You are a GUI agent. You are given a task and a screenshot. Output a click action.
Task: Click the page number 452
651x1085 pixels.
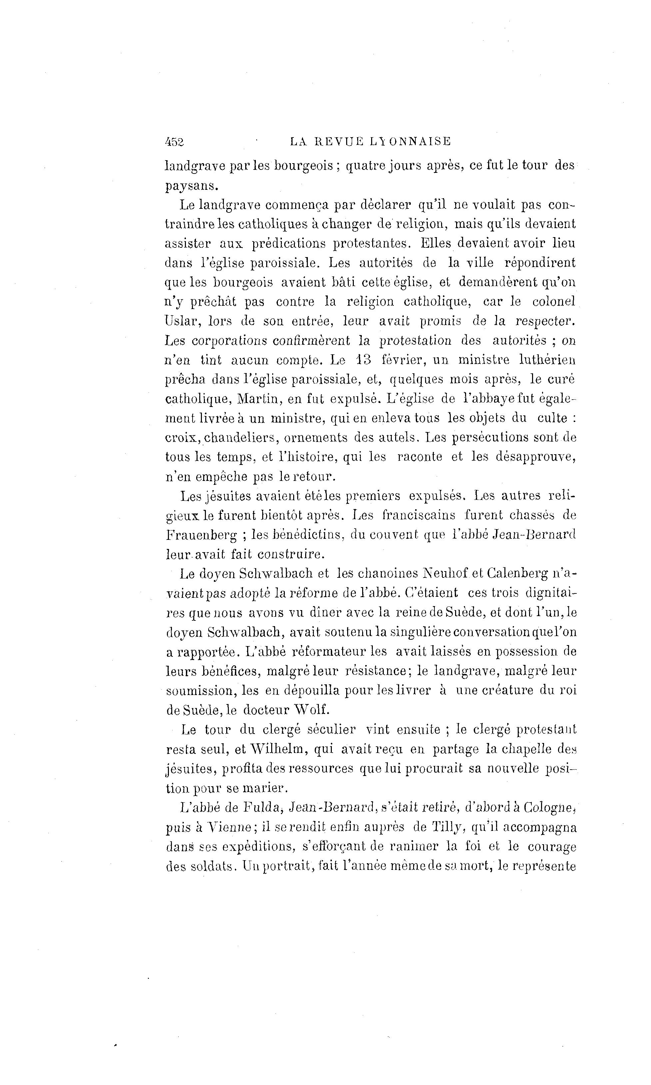174,142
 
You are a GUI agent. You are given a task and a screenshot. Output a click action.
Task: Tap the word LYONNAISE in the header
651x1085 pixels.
410,141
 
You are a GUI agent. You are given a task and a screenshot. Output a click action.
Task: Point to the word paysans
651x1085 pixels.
191,186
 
